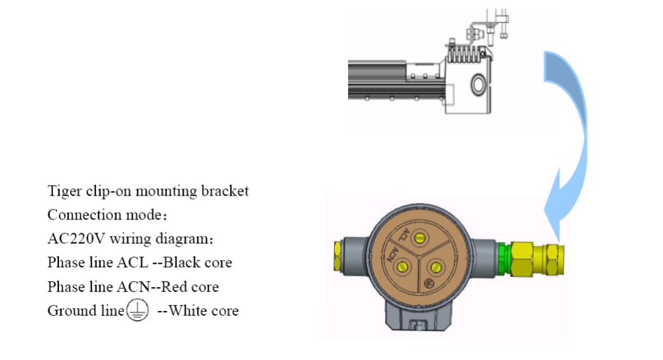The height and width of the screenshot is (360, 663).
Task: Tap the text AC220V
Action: (x=76, y=239)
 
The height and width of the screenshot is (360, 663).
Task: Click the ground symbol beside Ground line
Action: (x=137, y=310)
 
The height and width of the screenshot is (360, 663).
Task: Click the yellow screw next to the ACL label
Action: (x=419, y=238)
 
